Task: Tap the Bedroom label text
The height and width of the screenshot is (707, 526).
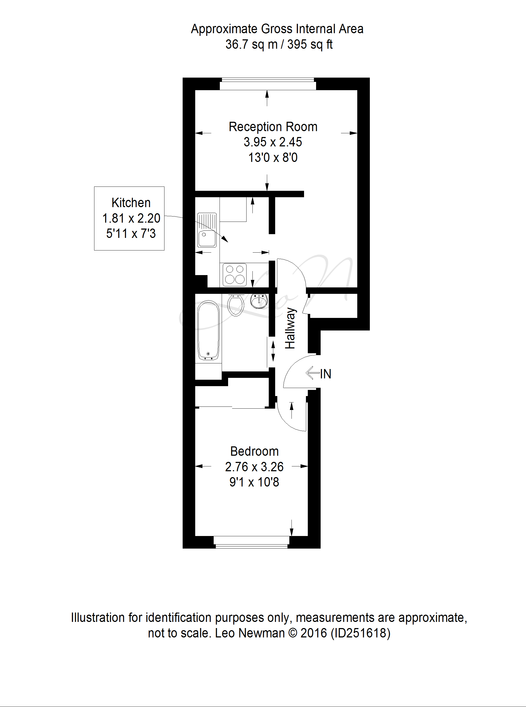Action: click(x=254, y=451)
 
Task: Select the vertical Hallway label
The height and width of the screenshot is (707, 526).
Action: click(x=290, y=328)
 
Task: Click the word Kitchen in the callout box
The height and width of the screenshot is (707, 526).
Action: click(x=131, y=203)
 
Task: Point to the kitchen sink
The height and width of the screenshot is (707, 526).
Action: click(x=207, y=230)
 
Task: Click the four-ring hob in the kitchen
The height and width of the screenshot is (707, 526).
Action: click(x=235, y=275)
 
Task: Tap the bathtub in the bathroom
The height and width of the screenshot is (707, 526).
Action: click(x=209, y=330)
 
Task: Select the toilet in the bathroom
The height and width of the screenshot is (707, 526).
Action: click(x=236, y=305)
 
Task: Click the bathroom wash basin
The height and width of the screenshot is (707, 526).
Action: click(x=259, y=301)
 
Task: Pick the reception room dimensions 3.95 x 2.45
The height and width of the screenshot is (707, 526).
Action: click(x=273, y=142)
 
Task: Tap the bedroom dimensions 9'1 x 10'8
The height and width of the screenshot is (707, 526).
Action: click(x=254, y=482)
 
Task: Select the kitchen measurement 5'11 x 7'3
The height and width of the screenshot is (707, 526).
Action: click(x=131, y=234)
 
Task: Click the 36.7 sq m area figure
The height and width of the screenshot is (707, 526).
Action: click(x=252, y=44)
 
